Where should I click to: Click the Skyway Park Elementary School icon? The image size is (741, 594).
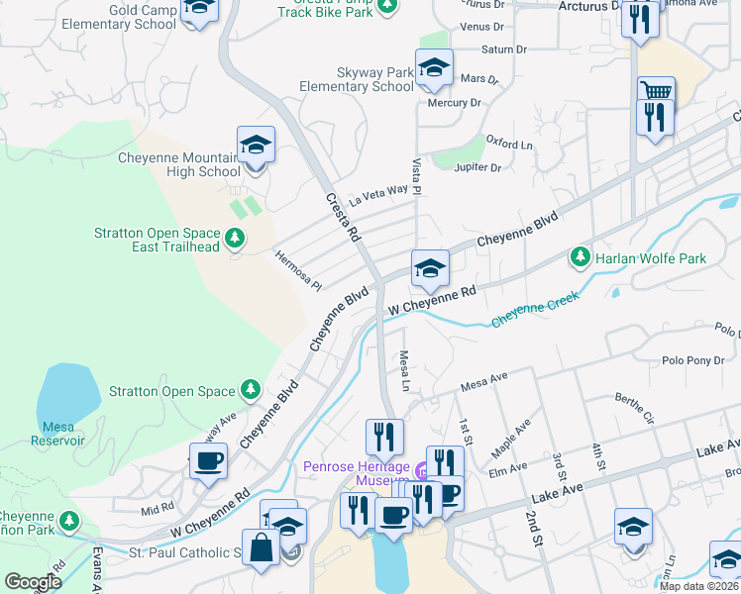[x=434, y=67]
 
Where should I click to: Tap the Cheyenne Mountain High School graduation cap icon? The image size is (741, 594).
[x=256, y=145]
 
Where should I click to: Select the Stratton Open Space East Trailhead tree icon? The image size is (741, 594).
[x=235, y=238]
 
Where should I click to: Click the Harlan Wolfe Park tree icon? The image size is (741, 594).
[x=580, y=257]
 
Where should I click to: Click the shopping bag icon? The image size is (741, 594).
[x=262, y=547]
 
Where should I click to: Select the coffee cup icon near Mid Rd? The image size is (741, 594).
[x=208, y=460]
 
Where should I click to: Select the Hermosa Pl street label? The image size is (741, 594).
[x=298, y=268]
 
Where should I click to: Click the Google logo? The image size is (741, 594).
[x=33, y=582]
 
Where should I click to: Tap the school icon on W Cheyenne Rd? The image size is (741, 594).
[x=430, y=268]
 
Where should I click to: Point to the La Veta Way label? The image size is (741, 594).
[x=377, y=194]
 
